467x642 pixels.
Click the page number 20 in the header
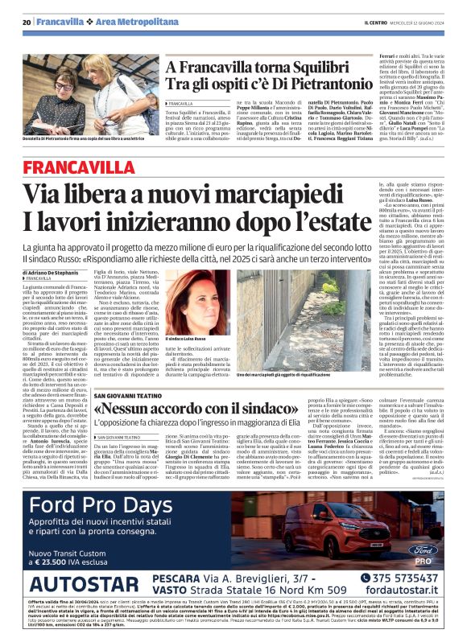pyautogui.click(x=27, y=21)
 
